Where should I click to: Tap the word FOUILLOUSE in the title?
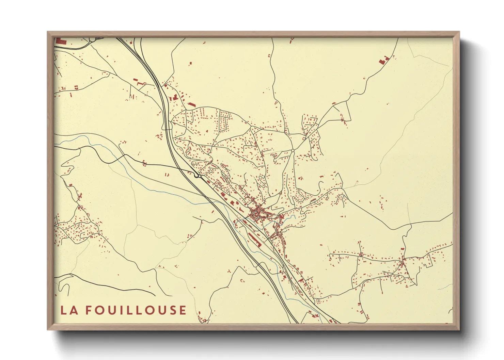coord(136,310)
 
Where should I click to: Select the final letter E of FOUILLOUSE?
coord(183,310)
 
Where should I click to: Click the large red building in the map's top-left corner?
coord(61,41)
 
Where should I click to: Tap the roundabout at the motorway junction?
coord(197,176)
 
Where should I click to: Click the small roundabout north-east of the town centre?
coord(293,150)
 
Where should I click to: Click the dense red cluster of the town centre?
coord(256,213)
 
